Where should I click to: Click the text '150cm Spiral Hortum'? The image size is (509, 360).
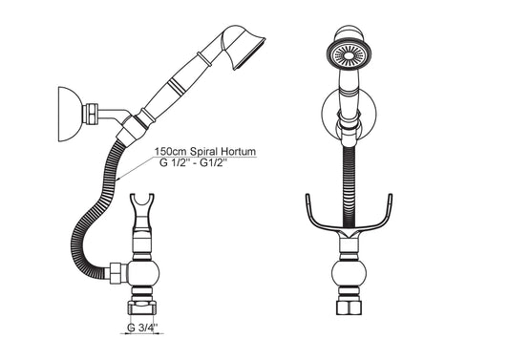tap(204, 151)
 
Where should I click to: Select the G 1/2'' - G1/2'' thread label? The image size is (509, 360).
tap(193, 162)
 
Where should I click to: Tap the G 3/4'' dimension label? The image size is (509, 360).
tap(142, 328)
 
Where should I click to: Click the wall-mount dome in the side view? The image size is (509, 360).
tap(69, 114)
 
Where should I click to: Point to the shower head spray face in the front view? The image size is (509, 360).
tap(349, 55)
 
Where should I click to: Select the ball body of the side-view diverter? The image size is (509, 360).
tap(143, 273)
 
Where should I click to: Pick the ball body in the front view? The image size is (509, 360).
tap(349, 274)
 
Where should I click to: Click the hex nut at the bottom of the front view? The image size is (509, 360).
tap(349, 307)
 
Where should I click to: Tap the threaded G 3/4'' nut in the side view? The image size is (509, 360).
tap(142, 307)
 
